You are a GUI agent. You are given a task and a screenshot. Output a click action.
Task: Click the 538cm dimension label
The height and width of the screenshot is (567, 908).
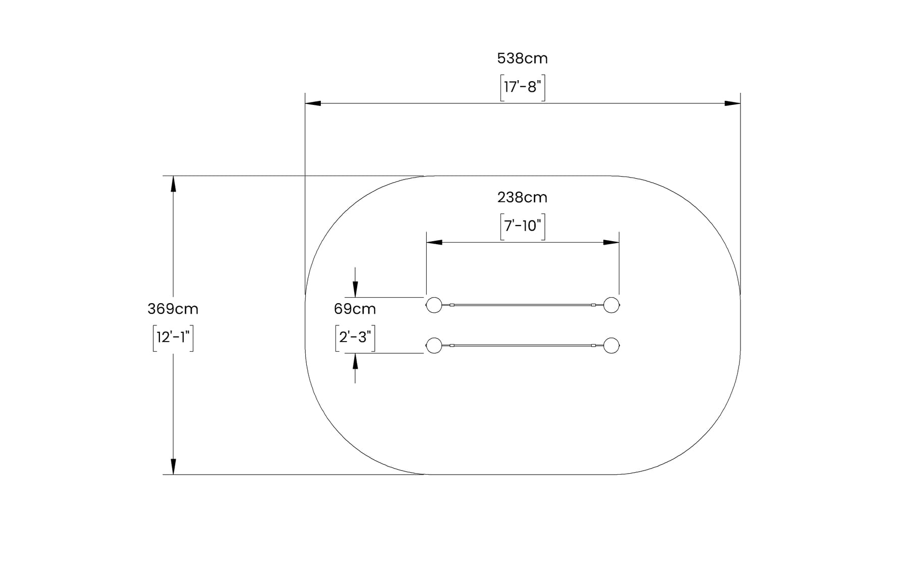click(522, 59)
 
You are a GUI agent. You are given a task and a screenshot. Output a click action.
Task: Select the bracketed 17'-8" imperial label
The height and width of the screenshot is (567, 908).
click(522, 87)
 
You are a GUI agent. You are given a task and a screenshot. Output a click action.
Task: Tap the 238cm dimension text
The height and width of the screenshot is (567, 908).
click(522, 197)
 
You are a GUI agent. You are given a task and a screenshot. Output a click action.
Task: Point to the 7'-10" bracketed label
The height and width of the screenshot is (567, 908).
click(522, 226)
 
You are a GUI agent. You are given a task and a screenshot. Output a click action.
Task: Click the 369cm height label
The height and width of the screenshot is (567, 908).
click(173, 309)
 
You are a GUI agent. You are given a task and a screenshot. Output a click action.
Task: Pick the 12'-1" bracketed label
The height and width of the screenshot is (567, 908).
click(173, 337)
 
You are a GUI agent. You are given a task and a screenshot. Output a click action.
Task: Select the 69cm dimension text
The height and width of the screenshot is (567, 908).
click(355, 309)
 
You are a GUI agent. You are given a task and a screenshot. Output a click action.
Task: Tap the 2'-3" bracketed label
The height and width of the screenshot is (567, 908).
click(355, 337)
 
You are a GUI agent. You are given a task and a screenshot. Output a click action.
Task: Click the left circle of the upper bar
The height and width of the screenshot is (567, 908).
click(434, 305)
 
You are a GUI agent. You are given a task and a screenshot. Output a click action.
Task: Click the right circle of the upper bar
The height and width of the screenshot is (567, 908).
click(611, 305)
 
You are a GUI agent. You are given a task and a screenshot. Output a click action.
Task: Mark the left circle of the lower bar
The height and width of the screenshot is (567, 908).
click(434, 346)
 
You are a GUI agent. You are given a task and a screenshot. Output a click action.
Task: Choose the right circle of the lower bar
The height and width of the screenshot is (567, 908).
click(611, 346)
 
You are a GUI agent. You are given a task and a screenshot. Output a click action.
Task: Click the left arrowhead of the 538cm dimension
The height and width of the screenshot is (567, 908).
click(313, 103)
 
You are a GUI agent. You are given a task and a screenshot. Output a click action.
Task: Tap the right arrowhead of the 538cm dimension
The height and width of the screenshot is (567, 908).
click(732, 103)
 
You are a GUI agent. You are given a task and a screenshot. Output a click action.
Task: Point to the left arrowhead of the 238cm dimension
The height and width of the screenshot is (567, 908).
click(434, 243)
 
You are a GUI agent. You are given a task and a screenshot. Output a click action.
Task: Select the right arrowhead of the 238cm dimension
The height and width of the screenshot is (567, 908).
click(611, 243)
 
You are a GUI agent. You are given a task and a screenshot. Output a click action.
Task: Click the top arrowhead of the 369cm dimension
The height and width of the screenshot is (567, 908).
click(173, 184)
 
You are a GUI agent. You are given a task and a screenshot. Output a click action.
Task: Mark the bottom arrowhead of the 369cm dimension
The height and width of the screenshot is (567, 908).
click(173, 467)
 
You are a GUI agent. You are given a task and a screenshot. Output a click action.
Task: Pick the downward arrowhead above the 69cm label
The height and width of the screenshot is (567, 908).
click(355, 290)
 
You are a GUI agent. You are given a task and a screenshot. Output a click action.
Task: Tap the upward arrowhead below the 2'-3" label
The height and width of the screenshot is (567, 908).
click(355, 361)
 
